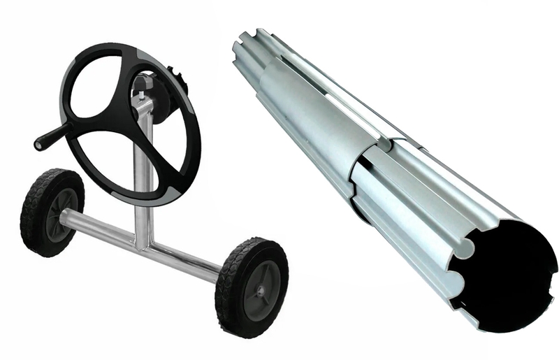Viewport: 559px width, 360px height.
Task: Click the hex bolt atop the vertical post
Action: tap(139, 85)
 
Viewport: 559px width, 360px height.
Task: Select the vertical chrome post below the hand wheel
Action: tap(144, 217)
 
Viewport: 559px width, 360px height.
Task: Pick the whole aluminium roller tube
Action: tap(391, 175)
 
